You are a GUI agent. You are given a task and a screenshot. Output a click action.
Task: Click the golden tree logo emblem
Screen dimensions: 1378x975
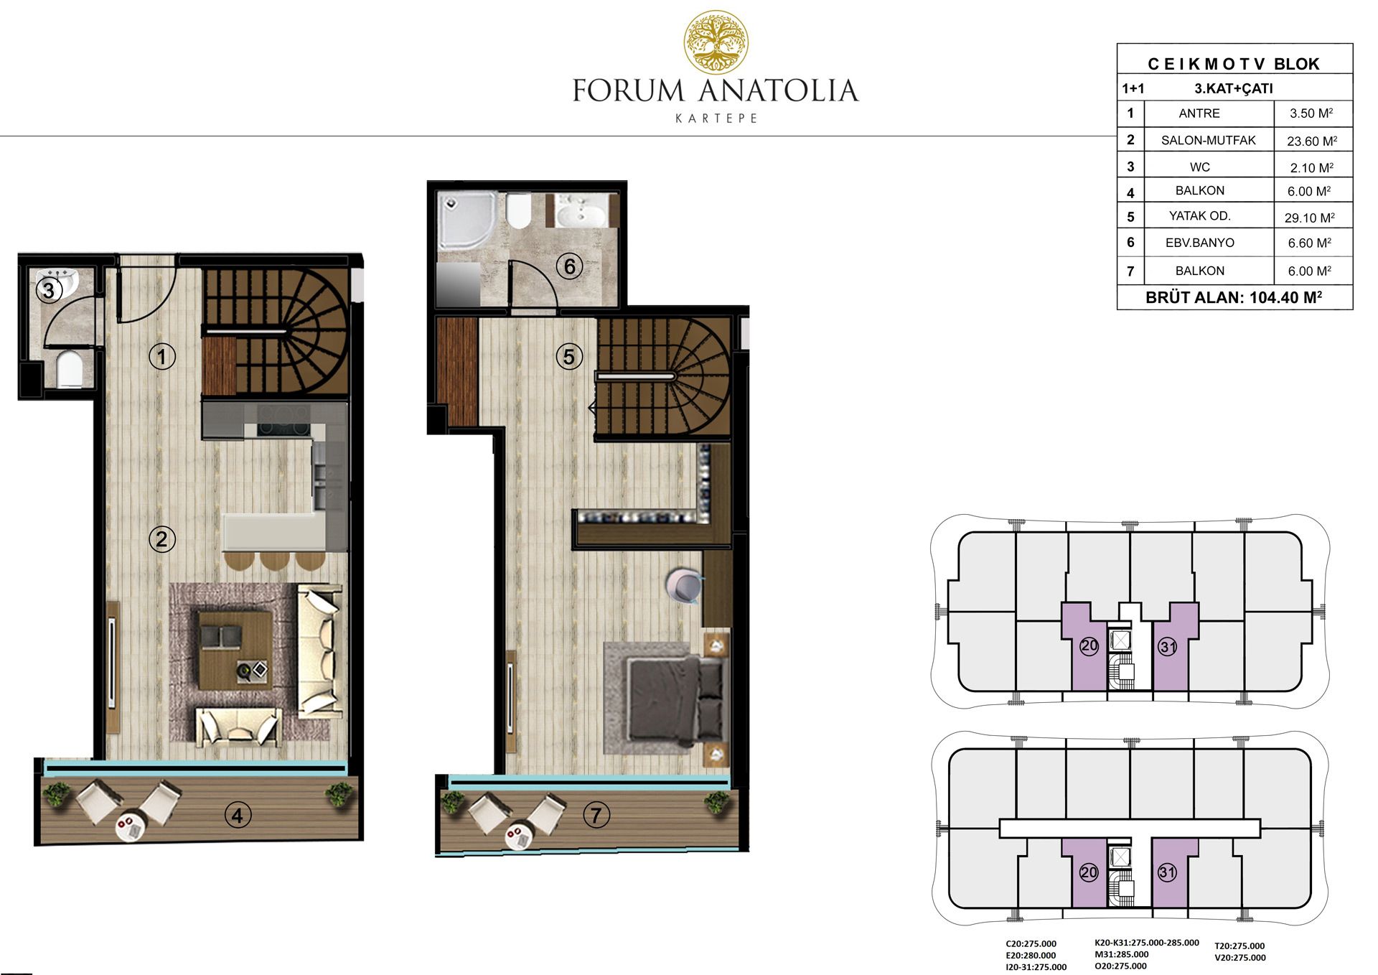[716, 42]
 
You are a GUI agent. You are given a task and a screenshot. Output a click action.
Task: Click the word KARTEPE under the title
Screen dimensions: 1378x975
[716, 118]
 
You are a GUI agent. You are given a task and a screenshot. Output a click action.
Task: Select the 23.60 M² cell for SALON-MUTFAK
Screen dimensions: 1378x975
[1312, 141]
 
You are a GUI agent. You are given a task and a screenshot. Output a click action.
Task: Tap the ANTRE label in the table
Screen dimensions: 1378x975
[1199, 113]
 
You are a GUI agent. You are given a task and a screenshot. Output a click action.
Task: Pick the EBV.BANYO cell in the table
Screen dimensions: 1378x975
[1200, 243]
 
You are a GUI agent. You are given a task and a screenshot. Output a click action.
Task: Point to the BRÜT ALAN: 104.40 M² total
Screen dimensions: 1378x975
[1234, 297]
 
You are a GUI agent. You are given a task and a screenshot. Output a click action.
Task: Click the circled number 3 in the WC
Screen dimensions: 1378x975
[49, 290]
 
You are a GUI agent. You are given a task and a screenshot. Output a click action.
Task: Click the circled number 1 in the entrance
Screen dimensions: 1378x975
[162, 356]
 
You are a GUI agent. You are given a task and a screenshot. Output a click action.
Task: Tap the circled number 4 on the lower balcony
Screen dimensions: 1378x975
[238, 815]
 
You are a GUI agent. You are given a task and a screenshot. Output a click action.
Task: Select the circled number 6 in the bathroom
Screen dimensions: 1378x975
[570, 267]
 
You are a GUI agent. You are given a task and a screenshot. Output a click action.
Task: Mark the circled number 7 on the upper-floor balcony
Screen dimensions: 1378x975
[596, 815]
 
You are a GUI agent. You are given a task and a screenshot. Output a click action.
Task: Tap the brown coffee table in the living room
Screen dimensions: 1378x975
[235, 650]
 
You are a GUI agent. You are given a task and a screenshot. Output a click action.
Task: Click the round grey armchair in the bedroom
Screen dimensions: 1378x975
[684, 585]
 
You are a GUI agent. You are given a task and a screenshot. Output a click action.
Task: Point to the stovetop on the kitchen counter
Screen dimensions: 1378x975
[284, 421]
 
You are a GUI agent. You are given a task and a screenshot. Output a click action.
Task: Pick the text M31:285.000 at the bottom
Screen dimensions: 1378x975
[1121, 954]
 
